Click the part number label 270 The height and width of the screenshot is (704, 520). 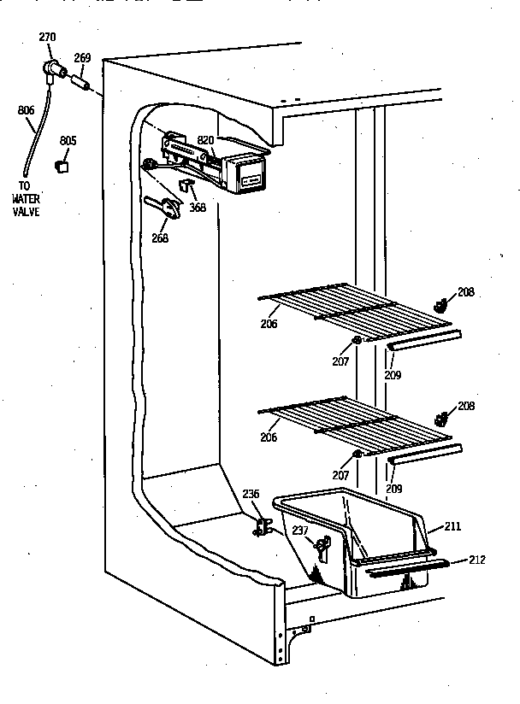point(48,37)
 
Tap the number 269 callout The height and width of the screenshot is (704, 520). point(82,58)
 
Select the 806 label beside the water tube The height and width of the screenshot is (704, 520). point(26,110)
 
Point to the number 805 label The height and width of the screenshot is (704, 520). point(68,140)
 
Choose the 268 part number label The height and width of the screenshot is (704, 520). point(160,238)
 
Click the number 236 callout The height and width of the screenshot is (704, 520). point(249,493)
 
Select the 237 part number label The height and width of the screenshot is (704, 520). point(301,531)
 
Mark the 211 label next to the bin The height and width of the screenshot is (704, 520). point(454,527)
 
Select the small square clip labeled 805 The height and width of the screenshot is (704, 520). point(62,166)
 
